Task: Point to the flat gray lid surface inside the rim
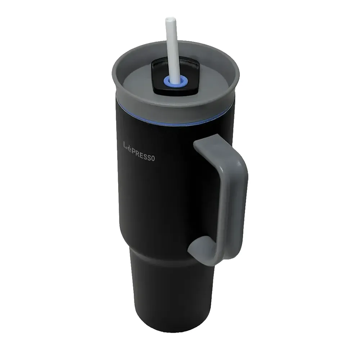(140, 78)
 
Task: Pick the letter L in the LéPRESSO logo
(125, 145)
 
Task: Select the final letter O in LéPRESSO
(153, 158)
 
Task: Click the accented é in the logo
(130, 147)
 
